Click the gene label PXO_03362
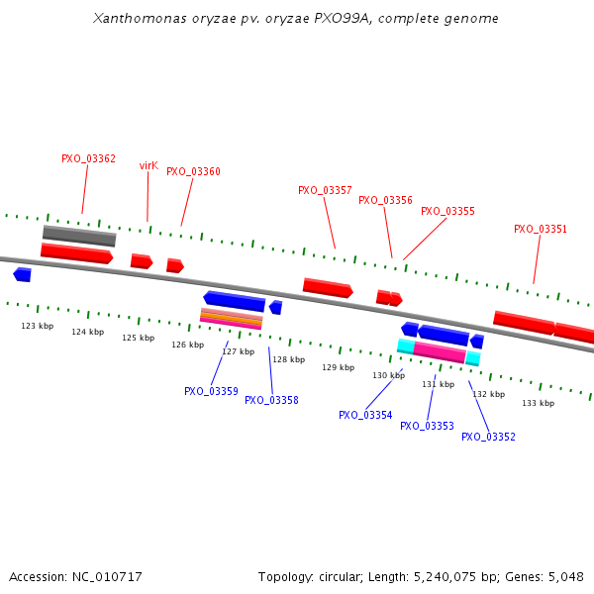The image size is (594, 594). point(88,158)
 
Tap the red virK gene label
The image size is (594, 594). point(148,165)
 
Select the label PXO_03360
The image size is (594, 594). point(193,171)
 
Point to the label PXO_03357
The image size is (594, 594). point(325,190)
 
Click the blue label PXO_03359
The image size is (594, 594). point(211,391)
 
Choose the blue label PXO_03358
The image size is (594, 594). point(271,400)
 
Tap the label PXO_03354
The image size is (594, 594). point(365,415)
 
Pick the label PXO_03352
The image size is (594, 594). point(488,437)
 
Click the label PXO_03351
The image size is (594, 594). point(541,229)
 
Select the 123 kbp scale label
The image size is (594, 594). point(38,326)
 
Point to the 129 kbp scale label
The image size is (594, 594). point(338,367)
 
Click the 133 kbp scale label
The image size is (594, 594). point(538,403)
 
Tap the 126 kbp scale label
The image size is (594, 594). point(187,345)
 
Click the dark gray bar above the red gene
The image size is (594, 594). point(79,235)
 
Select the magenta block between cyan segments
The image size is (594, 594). point(440,351)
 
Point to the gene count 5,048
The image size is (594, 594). point(563,576)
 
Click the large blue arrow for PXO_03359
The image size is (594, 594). point(235,300)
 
